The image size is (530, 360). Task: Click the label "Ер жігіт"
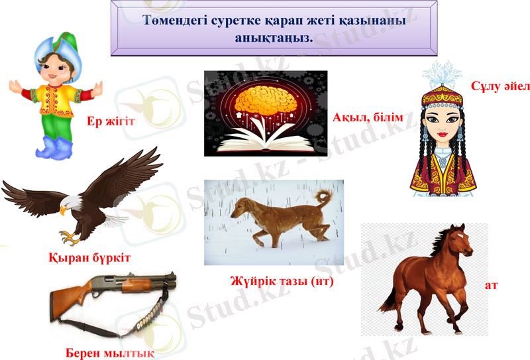coord(111,122)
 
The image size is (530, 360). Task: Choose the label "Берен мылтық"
coord(110,351)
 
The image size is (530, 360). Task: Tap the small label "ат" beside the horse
coord(492,285)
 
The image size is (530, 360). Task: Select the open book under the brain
coord(265,141)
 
